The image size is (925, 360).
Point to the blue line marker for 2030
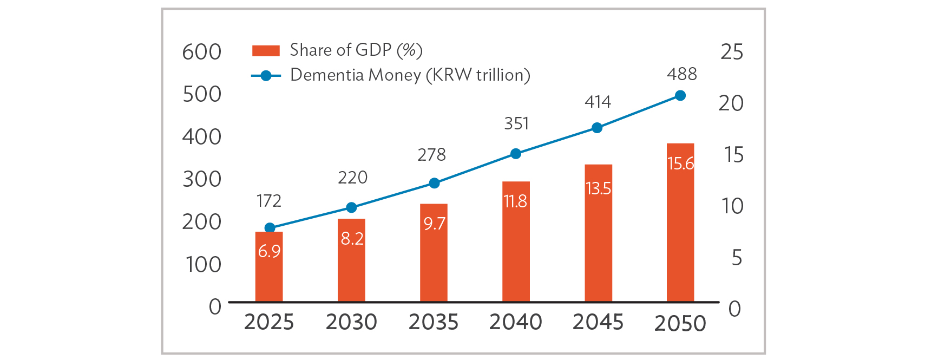[x=351, y=207]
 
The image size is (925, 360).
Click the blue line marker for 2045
[x=597, y=128]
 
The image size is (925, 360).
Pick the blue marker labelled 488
[x=680, y=96]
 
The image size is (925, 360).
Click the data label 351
[x=516, y=124]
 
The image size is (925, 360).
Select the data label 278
[x=431, y=155]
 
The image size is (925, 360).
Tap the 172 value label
[x=269, y=201]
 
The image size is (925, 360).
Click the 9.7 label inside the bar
[x=434, y=224]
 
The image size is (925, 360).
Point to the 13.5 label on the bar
[x=598, y=188]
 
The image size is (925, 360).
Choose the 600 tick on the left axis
[x=202, y=53]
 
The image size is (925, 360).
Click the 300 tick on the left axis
[x=202, y=179]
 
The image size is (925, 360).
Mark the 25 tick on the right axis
[x=732, y=52]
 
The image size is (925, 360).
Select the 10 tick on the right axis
[x=732, y=206]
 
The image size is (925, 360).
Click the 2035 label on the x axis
[x=434, y=322]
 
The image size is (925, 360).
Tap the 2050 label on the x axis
[x=680, y=323]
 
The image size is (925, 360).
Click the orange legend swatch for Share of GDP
[x=266, y=51]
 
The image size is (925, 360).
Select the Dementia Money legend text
[x=410, y=75]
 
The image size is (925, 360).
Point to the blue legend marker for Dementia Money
[x=266, y=76]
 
